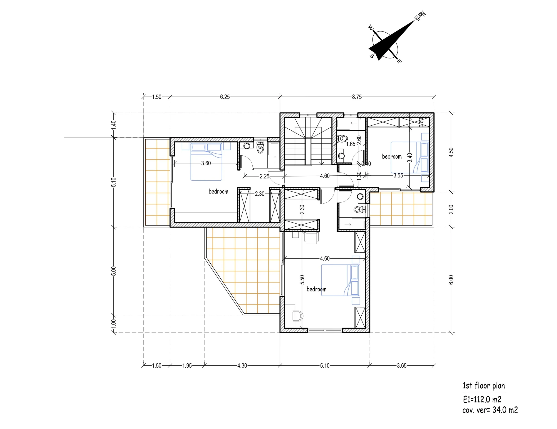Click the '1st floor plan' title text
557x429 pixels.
pyautogui.click(x=484, y=386)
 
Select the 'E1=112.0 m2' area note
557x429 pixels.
pyautogui.click(x=482, y=399)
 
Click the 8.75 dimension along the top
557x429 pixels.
pyautogui.click(x=357, y=97)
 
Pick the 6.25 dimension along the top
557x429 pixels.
pyautogui.click(x=225, y=97)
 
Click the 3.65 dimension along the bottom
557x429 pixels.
pyautogui.click(x=402, y=366)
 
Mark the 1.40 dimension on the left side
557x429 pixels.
pyautogui.click(x=114, y=125)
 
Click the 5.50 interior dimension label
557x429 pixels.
pyautogui.click(x=302, y=280)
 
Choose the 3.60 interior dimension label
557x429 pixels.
pyautogui.click(x=206, y=163)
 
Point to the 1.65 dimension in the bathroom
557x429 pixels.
pyautogui.click(x=351, y=144)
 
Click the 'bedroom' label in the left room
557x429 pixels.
pyautogui.click(x=218, y=191)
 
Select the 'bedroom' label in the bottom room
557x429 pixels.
pyautogui.click(x=317, y=289)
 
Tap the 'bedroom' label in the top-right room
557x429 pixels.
pyautogui.click(x=392, y=156)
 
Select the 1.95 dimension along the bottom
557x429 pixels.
pyautogui.click(x=187, y=366)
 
